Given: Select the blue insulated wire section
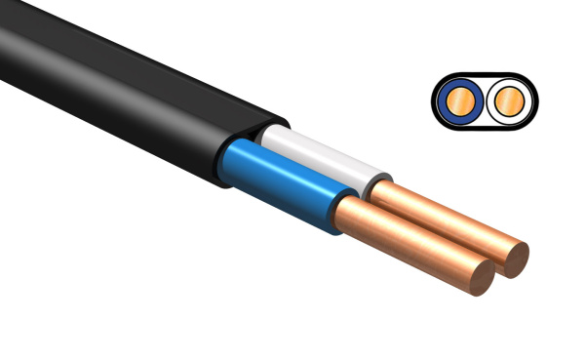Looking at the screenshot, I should coord(283,180).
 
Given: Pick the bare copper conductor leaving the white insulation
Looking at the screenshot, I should coord(439,215).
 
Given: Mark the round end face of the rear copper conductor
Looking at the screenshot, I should coord(511,258).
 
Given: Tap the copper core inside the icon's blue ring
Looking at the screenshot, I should coord(458,101).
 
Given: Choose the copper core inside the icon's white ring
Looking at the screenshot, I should coord(508,101).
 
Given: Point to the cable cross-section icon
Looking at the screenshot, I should coord(483,101).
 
